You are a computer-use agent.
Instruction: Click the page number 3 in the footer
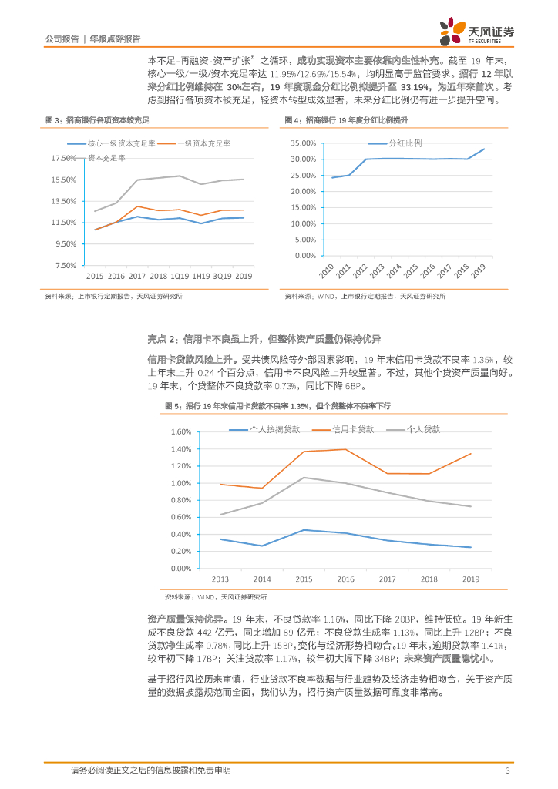click(507, 771)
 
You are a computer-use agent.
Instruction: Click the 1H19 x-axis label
click(201, 276)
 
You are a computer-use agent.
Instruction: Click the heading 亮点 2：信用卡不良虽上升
click(264, 339)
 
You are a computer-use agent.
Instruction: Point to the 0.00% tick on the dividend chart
click(305, 256)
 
